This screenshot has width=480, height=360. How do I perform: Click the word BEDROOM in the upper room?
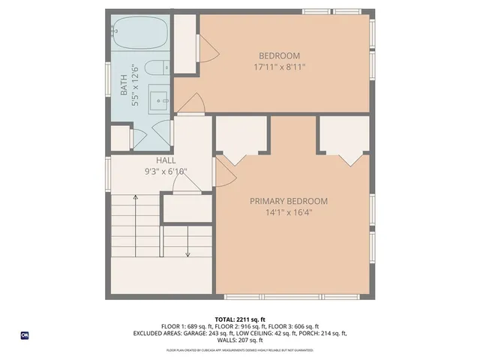279,55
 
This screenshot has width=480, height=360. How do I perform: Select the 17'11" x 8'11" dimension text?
279,67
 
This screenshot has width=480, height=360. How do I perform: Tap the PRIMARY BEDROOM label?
289,201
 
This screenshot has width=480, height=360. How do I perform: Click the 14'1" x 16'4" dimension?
289,212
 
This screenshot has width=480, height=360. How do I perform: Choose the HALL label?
166,160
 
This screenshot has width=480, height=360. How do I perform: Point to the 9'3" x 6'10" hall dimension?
166,172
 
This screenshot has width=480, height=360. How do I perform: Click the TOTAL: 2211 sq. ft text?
240,319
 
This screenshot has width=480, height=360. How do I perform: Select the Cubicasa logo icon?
25,335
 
